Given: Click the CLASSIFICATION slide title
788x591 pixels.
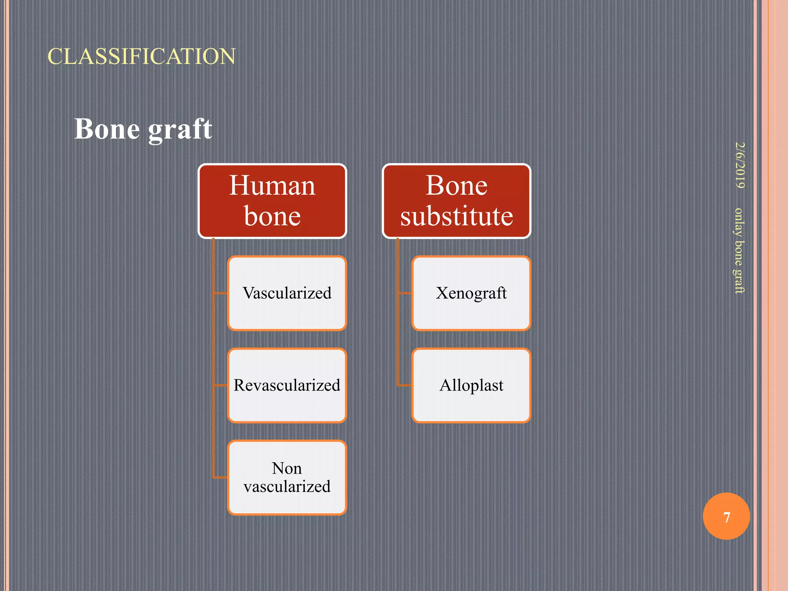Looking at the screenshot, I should [142, 57].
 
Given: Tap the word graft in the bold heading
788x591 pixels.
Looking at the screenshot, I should [180, 129].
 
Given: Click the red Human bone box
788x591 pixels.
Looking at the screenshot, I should [272, 201].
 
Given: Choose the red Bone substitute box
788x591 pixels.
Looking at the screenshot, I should [457, 201].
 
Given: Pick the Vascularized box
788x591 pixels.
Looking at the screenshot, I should [287, 293].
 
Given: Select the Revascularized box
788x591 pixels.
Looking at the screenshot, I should [287, 386].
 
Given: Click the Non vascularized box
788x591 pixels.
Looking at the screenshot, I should [287, 477].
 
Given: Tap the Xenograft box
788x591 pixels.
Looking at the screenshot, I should [471, 293].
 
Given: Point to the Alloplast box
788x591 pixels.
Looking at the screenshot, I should [471, 386].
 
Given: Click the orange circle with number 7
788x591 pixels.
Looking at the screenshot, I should [726, 516].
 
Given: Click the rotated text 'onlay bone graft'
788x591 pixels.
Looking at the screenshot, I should [739, 250].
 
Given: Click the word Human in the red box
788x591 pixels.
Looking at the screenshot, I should [272, 185].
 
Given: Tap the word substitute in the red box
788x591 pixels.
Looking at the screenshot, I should [457, 216].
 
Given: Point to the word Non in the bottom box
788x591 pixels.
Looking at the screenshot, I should [287, 468].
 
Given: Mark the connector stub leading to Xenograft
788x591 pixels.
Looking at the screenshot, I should [405, 293].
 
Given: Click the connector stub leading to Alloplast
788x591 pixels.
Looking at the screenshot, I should [405, 385].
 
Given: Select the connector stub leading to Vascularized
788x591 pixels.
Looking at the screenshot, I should [220, 293].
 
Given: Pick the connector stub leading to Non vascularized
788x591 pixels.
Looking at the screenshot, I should [220, 477].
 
